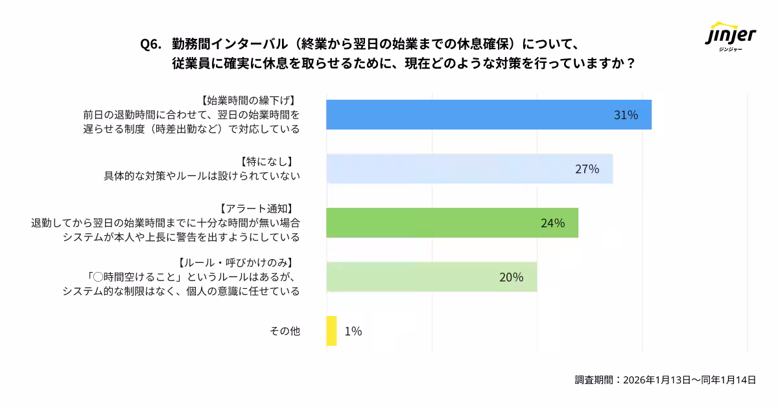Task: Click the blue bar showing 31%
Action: point(488,115)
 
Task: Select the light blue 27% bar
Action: point(469,169)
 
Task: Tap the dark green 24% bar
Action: point(452,223)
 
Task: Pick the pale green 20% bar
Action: point(431,277)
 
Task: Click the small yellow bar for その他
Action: point(331,331)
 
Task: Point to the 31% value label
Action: point(626,115)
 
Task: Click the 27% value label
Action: point(587,170)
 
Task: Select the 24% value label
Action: point(552,223)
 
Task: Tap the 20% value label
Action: point(511,277)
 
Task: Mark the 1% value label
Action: point(353,331)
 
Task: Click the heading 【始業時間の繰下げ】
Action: point(248,100)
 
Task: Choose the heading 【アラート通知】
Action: point(257,208)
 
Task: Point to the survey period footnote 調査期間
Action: point(665,380)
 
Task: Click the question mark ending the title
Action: point(631,65)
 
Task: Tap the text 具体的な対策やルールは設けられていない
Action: point(202,176)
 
